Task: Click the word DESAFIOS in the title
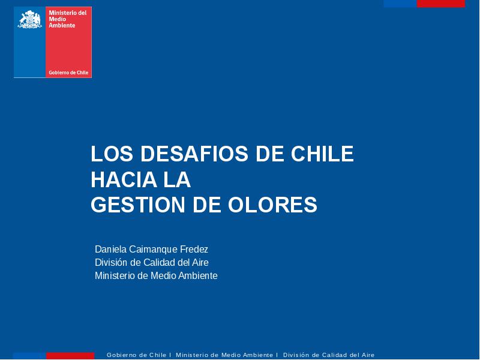(194, 154)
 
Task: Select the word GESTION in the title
(138, 205)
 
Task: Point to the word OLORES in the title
(272, 205)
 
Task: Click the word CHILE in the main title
(322, 154)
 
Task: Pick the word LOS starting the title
(112, 154)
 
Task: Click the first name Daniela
(110, 249)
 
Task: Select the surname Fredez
(194, 249)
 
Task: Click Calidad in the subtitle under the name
(159, 262)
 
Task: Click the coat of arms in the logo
(29, 19)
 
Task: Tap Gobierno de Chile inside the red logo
(68, 73)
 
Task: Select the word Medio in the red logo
(57, 19)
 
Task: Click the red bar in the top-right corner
(441, 4)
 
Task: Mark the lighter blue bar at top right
(400, 4)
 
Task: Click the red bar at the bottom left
(70, 356)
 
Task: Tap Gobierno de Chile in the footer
(136, 355)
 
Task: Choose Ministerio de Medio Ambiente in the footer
(224, 355)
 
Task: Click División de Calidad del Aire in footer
(329, 355)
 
